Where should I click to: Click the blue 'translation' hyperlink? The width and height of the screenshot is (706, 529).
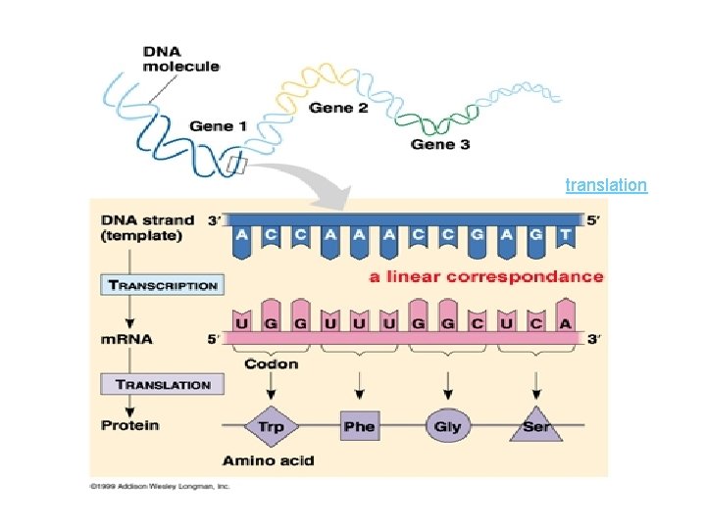click(606, 184)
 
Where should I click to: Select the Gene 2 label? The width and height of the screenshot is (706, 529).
click(338, 108)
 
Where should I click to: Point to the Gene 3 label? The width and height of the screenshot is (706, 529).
click(439, 144)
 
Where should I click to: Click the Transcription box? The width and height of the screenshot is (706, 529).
click(162, 285)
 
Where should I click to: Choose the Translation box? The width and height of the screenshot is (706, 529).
click(162, 384)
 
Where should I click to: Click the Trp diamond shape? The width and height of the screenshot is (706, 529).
click(271, 427)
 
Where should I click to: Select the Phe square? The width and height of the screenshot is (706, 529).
click(359, 426)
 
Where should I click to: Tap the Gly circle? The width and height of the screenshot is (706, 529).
click(447, 427)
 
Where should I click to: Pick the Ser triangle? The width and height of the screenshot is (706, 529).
click(535, 428)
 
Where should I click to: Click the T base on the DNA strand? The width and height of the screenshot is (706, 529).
click(565, 236)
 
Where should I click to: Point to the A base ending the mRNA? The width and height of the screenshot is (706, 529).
click(565, 322)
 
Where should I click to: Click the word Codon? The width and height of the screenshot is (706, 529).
click(271, 364)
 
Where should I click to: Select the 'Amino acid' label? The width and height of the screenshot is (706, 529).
click(268, 459)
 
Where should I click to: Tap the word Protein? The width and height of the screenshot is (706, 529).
click(129, 425)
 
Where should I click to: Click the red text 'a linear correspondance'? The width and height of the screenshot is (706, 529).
click(486, 276)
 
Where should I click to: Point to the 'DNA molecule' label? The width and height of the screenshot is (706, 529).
click(180, 59)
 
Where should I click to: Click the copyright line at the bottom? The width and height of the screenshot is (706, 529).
click(159, 485)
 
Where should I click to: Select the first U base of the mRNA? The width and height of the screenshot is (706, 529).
click(241, 322)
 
